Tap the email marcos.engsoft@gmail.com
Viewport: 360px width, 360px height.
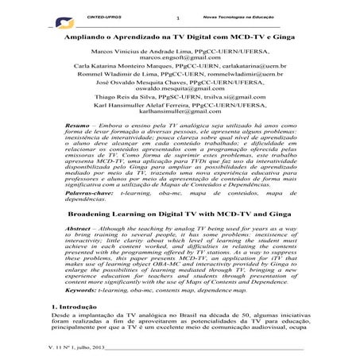tap(180, 58)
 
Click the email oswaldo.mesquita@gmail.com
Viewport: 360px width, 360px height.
tap(180, 101)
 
